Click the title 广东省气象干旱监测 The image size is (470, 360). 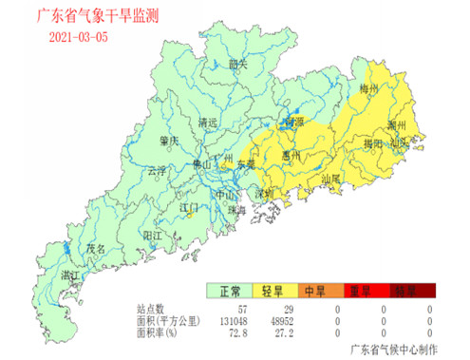tap(99, 16)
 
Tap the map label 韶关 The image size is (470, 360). tap(238, 64)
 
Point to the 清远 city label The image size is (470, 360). tap(207, 123)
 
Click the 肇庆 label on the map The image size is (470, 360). tap(170, 141)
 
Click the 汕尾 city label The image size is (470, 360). tap(331, 178)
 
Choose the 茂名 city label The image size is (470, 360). tap(96, 247)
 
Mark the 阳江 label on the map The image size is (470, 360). tap(152, 234)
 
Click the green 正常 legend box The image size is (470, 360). tap(231, 292)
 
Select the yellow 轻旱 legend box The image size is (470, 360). tap(275, 292)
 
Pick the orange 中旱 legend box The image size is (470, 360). tap(319, 292)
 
